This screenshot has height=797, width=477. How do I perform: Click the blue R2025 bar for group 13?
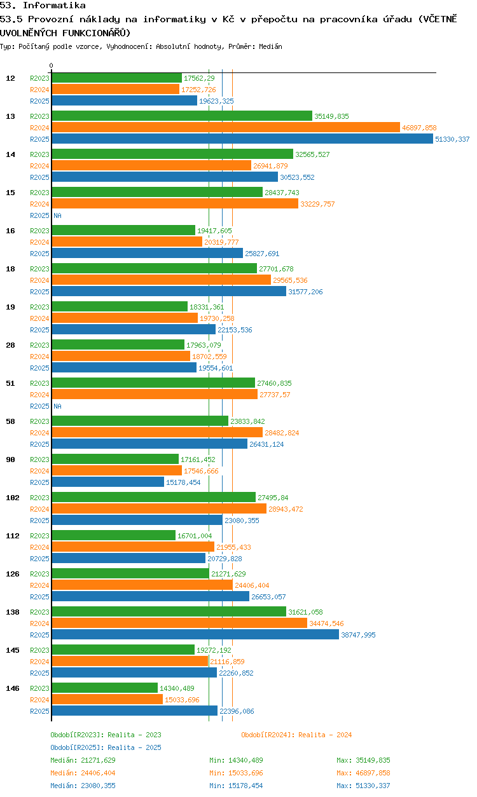(x=242, y=139)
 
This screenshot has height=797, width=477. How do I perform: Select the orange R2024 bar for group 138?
(x=179, y=623)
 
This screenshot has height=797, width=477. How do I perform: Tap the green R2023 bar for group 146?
(x=105, y=688)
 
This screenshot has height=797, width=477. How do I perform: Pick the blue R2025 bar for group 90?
(x=108, y=482)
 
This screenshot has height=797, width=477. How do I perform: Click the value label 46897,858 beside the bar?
(x=419, y=128)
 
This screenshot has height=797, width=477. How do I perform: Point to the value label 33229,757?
(x=317, y=204)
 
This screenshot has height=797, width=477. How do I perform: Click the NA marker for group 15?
(x=57, y=215)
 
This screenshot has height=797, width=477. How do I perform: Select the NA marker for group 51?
(x=57, y=406)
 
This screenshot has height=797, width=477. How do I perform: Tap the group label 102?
(x=13, y=498)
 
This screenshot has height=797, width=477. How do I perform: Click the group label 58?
(x=10, y=421)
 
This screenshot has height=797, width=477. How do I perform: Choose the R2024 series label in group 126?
(x=39, y=585)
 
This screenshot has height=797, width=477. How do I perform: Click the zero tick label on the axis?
(x=52, y=65)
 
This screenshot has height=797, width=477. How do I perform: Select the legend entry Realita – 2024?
(x=296, y=735)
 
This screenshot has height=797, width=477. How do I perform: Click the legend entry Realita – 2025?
(x=106, y=747)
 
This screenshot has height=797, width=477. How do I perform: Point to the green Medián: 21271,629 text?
(x=83, y=760)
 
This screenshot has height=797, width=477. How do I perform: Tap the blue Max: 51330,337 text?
(x=363, y=786)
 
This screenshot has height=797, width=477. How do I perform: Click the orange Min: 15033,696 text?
(x=236, y=773)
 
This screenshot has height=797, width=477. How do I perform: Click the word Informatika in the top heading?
(x=54, y=5)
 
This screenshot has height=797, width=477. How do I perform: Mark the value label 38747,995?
(x=358, y=635)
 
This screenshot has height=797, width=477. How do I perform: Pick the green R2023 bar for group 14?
(x=172, y=154)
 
